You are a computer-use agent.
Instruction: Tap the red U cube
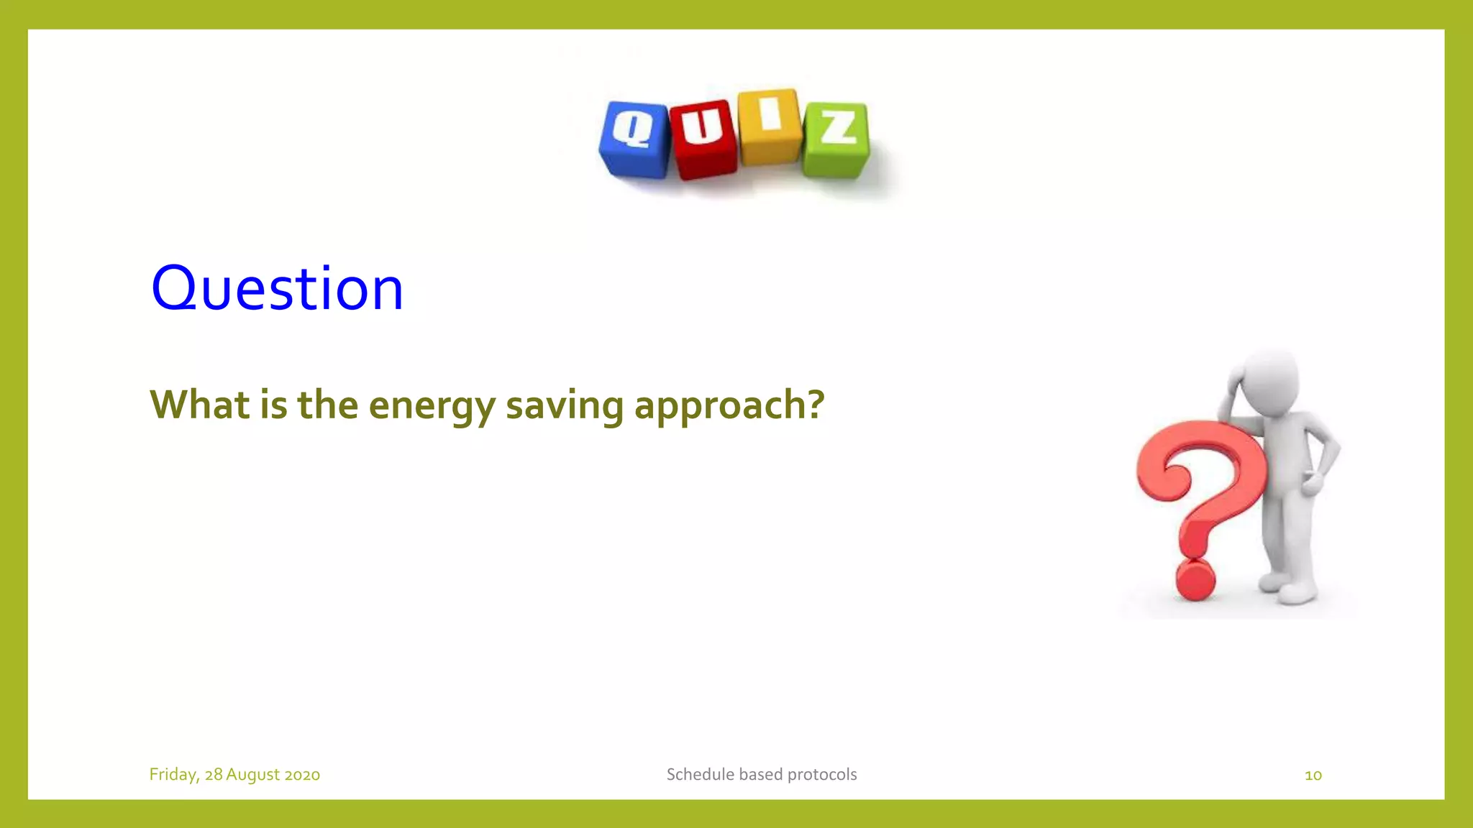coord(703,139)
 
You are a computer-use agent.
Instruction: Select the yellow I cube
coord(769,126)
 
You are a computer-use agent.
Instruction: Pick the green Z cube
coord(836,139)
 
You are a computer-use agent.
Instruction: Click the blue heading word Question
coord(277,288)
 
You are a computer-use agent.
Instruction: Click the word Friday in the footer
coord(173,775)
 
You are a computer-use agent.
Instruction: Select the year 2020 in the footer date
coord(302,775)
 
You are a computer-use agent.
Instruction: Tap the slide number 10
coord(1313,775)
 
